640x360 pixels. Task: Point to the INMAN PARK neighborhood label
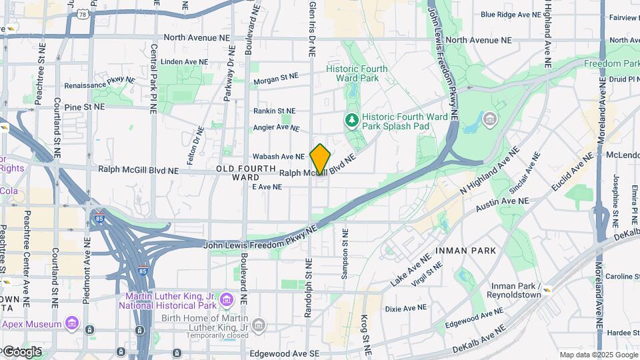pos(466,251)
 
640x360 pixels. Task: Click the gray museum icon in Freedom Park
pos(490,120)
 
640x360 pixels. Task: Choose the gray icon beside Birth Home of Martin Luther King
pos(259,325)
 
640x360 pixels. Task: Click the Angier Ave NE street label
pos(276,127)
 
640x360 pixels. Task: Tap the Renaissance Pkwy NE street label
pos(100,85)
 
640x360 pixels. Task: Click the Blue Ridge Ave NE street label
pos(510,15)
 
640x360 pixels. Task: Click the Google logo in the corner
pos(21,351)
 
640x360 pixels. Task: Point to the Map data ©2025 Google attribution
pos(598,355)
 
